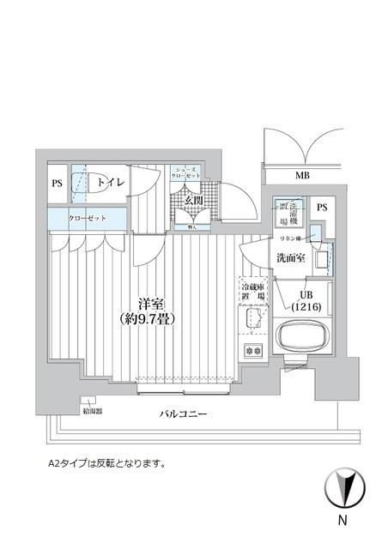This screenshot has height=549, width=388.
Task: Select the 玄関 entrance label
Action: pos(194,202)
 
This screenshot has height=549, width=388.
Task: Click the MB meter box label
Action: pos(303,177)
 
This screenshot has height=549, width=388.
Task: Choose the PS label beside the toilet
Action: pos(57,183)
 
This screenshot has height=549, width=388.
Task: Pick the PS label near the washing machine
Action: pos(321,208)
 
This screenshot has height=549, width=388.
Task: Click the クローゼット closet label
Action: pos(88,219)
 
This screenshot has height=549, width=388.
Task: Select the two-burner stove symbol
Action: pos(254,349)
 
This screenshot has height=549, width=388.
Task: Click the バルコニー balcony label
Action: pos(184,414)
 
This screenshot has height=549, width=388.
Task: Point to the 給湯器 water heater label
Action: pos(91,410)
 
